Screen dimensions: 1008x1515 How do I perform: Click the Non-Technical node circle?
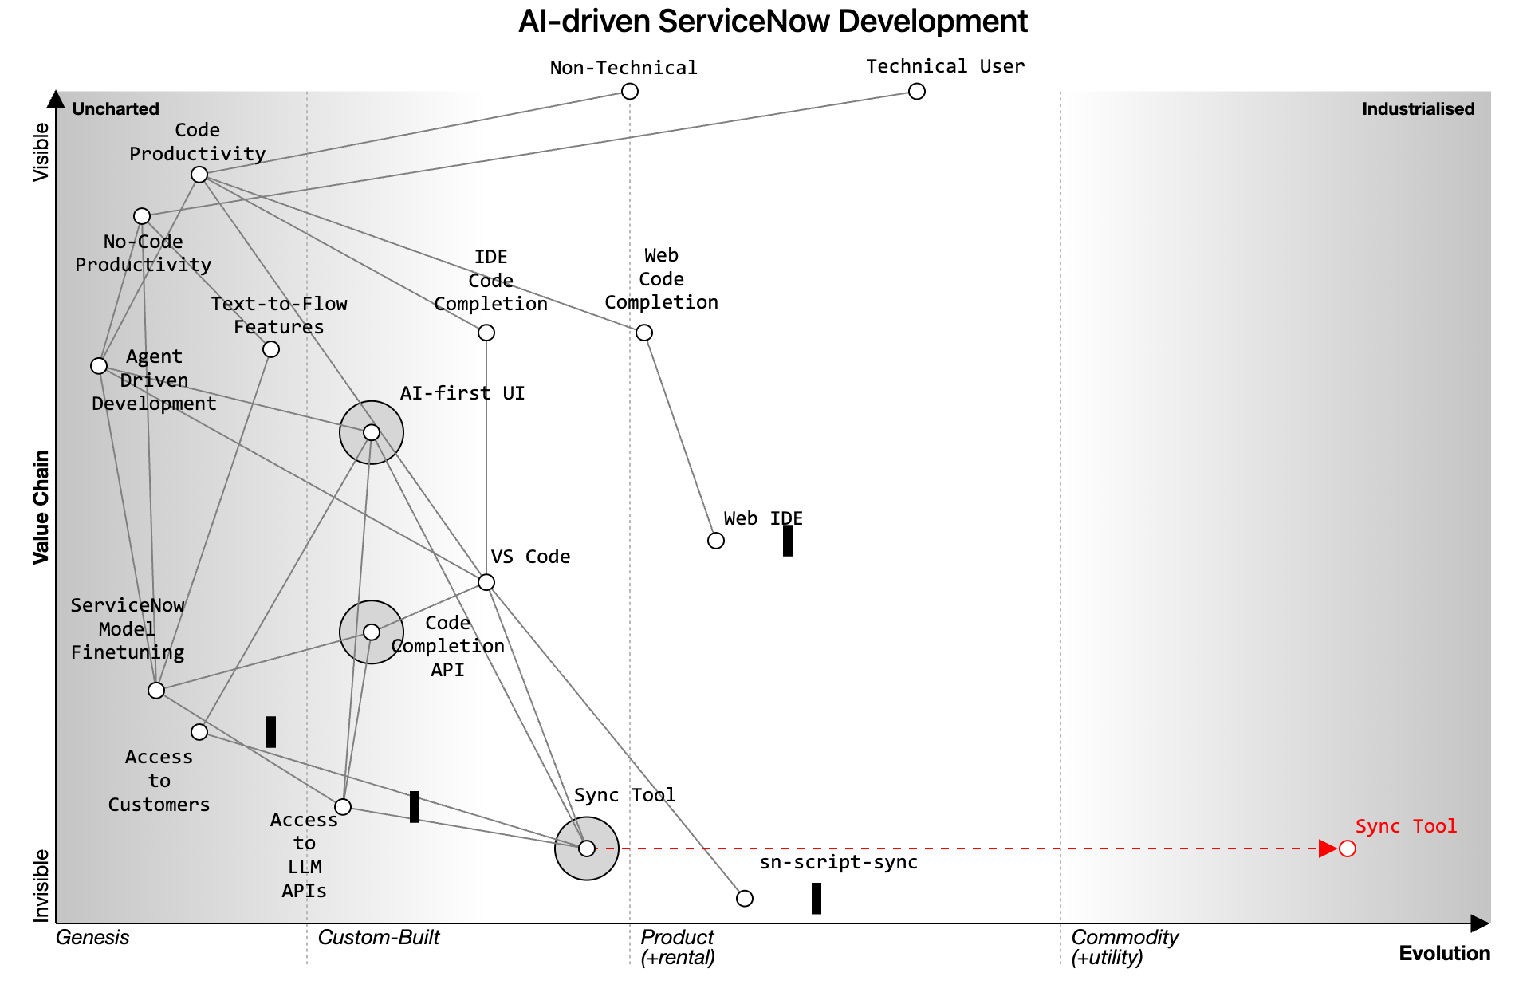(630, 92)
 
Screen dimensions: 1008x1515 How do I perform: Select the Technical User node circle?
(917, 92)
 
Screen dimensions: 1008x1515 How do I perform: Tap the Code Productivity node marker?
(199, 175)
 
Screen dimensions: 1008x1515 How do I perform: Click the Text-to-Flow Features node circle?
(271, 349)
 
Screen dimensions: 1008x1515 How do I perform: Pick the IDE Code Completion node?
(486, 333)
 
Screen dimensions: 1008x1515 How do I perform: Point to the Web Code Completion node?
(644, 333)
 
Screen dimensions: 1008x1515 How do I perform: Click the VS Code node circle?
(486, 582)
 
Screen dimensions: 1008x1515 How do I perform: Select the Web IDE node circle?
(716, 541)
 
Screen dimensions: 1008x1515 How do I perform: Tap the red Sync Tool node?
(1348, 849)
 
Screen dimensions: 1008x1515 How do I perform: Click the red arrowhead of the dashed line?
(1328, 849)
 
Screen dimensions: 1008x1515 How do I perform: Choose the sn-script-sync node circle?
(745, 899)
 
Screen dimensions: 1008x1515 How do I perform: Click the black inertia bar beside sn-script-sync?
(817, 899)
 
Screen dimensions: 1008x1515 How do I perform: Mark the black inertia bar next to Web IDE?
(788, 541)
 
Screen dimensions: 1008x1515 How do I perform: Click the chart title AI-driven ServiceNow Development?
(773, 22)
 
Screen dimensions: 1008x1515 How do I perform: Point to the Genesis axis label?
(92, 938)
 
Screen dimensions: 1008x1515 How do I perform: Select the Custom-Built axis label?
(379, 938)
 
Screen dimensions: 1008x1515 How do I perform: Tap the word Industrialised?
(1418, 109)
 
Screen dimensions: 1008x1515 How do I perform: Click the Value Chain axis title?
(41, 507)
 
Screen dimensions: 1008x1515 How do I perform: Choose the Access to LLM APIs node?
(343, 807)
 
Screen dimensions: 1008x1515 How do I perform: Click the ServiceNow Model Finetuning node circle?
(156, 691)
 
